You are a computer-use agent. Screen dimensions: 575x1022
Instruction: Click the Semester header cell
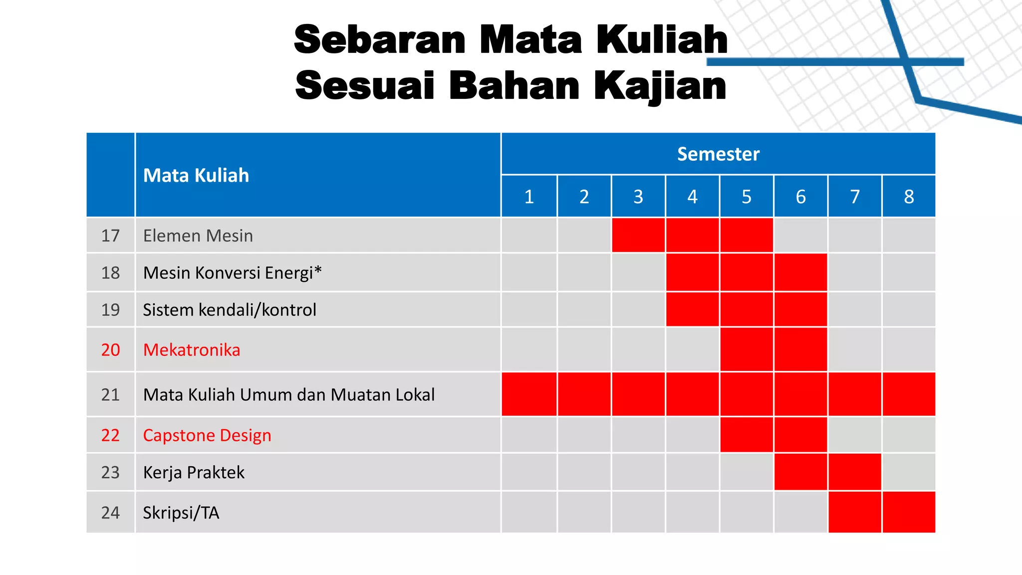click(x=718, y=154)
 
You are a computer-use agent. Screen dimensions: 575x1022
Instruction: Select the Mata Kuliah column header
click(x=196, y=176)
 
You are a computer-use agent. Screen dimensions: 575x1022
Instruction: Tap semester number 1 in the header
click(x=529, y=197)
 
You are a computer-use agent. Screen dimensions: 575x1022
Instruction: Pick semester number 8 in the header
click(x=909, y=197)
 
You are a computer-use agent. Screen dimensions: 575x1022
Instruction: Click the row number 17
click(x=110, y=236)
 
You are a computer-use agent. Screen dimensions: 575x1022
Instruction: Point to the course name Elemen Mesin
click(x=198, y=236)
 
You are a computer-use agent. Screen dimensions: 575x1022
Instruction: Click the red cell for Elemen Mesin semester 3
click(x=638, y=235)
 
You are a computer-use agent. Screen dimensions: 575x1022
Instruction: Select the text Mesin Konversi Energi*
click(x=232, y=273)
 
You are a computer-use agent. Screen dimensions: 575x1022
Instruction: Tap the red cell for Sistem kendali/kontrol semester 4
click(x=692, y=309)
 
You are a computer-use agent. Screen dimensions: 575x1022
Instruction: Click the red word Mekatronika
click(x=192, y=350)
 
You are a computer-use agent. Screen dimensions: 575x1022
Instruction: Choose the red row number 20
click(x=110, y=350)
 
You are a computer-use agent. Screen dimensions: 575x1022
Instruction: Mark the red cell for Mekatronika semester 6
click(x=800, y=349)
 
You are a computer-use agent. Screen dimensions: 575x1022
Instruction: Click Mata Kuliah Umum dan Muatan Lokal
click(x=289, y=395)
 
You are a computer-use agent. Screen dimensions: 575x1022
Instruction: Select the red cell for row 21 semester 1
click(x=529, y=394)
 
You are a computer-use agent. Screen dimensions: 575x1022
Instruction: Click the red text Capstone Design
click(x=207, y=435)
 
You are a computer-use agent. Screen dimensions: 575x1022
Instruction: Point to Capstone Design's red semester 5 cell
click(x=747, y=435)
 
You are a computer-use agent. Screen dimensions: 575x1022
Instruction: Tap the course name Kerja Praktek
click(x=194, y=472)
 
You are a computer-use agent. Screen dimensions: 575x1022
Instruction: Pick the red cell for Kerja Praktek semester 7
click(x=855, y=472)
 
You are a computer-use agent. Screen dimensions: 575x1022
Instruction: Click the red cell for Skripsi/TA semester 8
click(x=909, y=512)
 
